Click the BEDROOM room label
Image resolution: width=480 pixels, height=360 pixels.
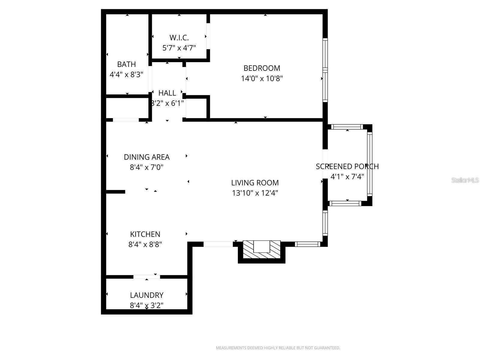[x=262, y=68]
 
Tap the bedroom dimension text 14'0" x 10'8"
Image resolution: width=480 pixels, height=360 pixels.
[x=262, y=79]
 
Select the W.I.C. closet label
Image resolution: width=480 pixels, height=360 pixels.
[x=179, y=38]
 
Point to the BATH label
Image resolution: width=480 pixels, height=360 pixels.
[x=126, y=64]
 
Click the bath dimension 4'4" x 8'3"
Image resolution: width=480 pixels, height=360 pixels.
[x=126, y=74]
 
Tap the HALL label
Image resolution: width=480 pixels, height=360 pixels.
[x=167, y=93]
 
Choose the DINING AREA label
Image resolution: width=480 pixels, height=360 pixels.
[x=147, y=157]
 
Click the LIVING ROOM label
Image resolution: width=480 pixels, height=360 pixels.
[x=255, y=183]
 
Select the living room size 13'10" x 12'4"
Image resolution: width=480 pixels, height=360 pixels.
[x=255, y=193]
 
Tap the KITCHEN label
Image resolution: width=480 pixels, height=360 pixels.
[x=145, y=234]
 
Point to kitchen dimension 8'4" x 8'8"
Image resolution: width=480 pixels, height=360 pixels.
[x=145, y=244]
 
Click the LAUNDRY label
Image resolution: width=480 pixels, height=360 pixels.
[x=147, y=295]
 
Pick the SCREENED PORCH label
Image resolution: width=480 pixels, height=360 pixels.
[x=347, y=166]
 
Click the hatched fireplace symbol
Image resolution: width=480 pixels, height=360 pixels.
[x=261, y=250]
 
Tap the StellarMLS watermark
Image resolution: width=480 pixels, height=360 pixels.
[x=465, y=180]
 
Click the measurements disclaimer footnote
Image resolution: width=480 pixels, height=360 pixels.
[x=278, y=348]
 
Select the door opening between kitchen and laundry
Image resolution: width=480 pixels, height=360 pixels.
[x=147, y=277]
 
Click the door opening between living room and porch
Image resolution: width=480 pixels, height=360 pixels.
[x=325, y=164]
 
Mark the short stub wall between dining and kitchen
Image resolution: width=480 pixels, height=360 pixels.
[x=115, y=192]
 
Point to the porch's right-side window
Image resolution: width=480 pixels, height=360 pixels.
[x=370, y=164]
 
